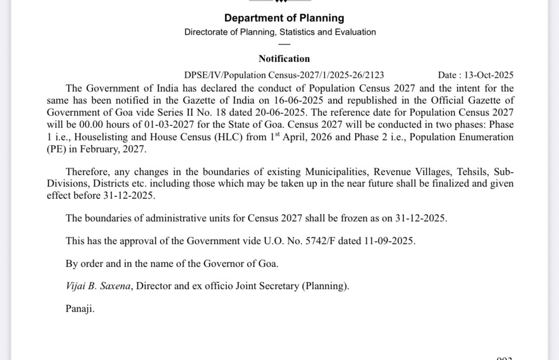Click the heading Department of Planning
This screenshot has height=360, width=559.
pyautogui.click(x=284, y=18)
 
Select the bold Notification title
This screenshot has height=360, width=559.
pyautogui.click(x=284, y=59)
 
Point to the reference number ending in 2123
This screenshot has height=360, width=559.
pyautogui.click(x=284, y=75)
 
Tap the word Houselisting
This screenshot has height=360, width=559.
pyautogui.click(x=102, y=137)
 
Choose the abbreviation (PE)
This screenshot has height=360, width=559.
pyautogui.click(x=56, y=149)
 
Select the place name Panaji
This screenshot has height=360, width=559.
pyautogui.click(x=80, y=309)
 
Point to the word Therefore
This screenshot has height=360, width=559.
pyautogui.click(x=88, y=172)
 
